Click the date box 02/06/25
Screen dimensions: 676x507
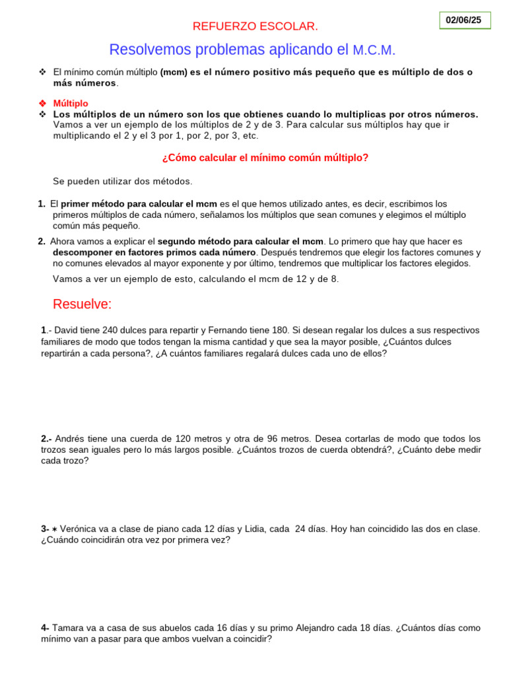[464, 20]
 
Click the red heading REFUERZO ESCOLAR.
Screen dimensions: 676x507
[255, 26]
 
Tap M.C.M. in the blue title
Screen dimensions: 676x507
[374, 50]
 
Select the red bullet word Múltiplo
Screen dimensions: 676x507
[71, 104]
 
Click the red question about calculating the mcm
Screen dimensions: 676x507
[265, 158]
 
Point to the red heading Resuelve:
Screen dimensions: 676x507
[83, 304]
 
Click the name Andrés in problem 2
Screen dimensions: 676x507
[71, 438]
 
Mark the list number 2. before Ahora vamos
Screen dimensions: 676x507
[42, 242]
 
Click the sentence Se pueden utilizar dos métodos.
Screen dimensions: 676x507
[122, 181]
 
